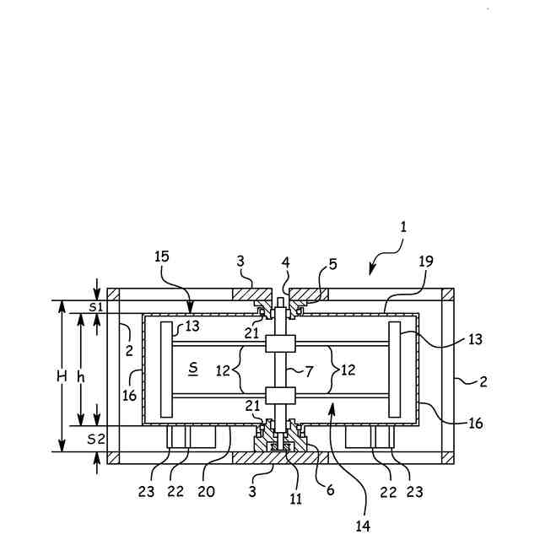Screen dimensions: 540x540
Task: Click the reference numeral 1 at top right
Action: [x=403, y=227]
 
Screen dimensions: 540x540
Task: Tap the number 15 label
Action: [x=162, y=256]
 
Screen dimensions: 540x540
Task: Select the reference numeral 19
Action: [x=426, y=262]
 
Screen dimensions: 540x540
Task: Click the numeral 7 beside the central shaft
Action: [x=309, y=371]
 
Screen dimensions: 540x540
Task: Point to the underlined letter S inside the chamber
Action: [x=193, y=369]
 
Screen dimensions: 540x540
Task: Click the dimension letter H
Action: [x=62, y=377]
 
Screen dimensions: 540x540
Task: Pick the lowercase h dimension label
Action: [x=81, y=377]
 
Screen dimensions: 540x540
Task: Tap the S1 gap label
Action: [x=95, y=307]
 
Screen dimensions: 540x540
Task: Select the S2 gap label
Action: [x=95, y=439]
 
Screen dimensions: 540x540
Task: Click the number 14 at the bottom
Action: [x=363, y=526]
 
